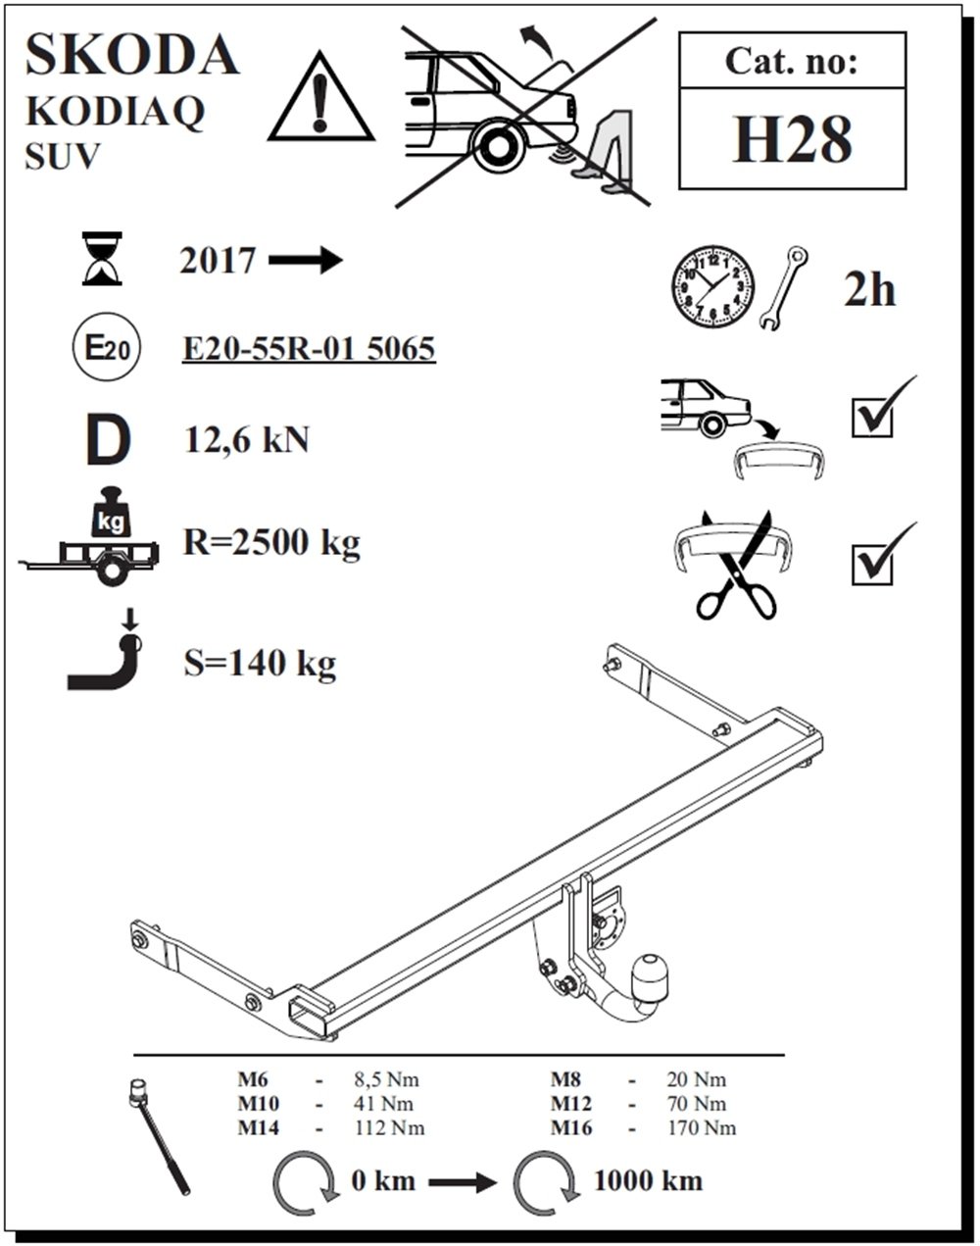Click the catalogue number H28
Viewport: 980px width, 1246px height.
pos(792,139)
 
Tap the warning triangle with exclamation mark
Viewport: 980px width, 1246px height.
pos(320,98)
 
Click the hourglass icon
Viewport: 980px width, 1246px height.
pos(103,258)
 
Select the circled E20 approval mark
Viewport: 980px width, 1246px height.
pos(106,348)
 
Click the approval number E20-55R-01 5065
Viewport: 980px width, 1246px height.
pos(309,348)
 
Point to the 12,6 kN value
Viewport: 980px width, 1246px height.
pos(246,440)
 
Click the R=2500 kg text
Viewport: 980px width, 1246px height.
pos(271,541)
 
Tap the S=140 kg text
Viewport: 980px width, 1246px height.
pos(260,664)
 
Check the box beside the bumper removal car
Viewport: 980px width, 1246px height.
pos(872,417)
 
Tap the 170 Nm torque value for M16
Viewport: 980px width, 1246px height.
pos(702,1127)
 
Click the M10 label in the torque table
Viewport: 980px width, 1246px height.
pos(259,1104)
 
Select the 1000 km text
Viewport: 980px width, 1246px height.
pos(647,1180)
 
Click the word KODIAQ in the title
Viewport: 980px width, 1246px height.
pos(115,112)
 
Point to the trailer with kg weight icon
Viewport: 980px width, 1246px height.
pos(93,539)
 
